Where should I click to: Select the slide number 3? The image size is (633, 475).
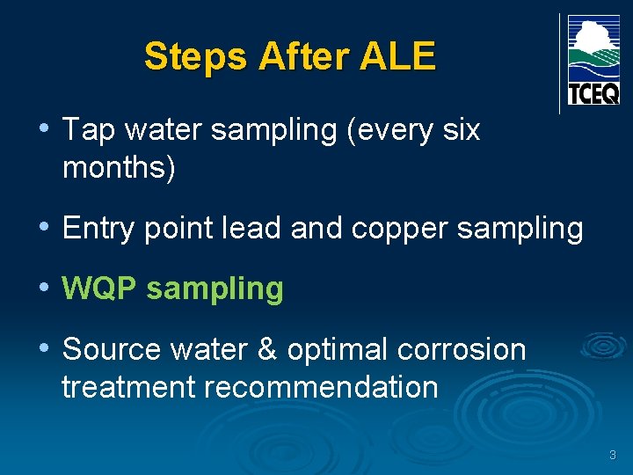(x=613, y=456)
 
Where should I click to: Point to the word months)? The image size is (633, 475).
(x=119, y=167)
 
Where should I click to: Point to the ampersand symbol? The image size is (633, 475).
(x=266, y=349)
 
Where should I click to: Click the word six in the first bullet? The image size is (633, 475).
(x=461, y=130)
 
